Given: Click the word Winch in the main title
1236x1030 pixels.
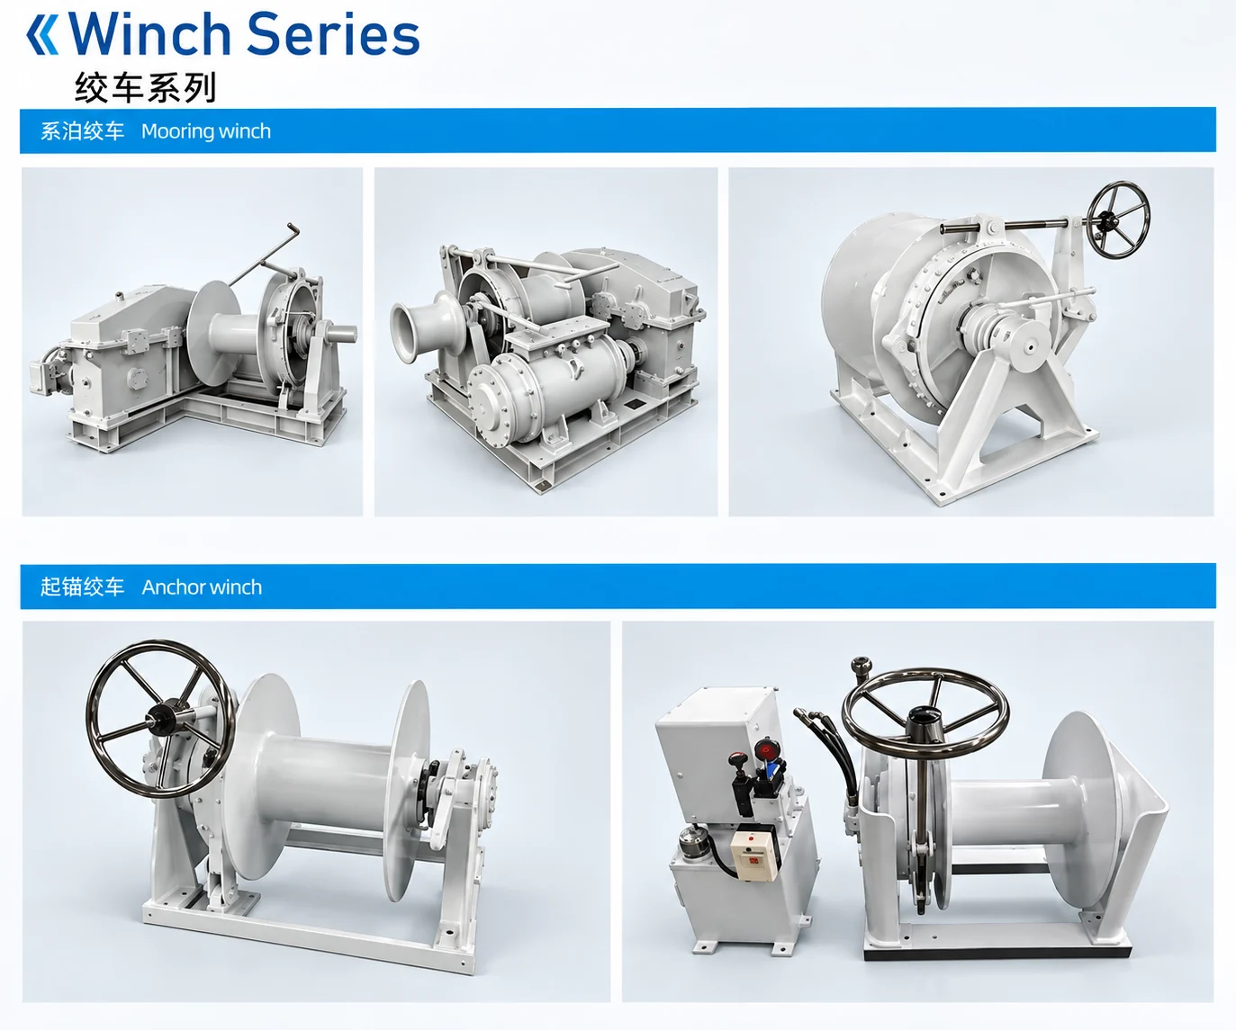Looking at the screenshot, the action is [149, 34].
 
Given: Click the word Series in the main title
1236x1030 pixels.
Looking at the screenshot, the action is [333, 34].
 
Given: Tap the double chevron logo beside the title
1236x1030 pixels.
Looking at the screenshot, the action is [42, 35].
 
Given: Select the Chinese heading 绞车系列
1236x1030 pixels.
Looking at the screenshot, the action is [146, 87].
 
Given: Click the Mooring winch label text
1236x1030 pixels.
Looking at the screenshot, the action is [206, 130].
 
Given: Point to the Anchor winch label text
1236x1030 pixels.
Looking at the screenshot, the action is [202, 587].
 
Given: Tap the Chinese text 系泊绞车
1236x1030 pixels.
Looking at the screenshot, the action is [82, 130].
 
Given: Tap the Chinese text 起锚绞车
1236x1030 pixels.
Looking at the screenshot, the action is [82, 587].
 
